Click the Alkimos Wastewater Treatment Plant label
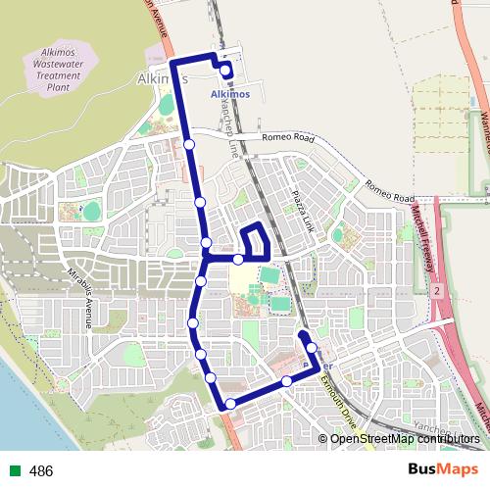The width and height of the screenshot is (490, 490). coord(68,67)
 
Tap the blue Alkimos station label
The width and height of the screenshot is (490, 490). coord(230,94)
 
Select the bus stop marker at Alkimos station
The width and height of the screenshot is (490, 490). coord(226,72)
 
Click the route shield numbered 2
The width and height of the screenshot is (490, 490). coord(435,292)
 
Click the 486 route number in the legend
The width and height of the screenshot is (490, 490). coord(41,471)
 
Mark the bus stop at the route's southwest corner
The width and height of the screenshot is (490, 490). coord(230,404)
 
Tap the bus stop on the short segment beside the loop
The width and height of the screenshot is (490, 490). coord(238,259)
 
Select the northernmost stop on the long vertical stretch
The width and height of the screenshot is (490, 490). coord(189,145)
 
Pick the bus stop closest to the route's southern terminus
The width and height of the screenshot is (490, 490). coord(312,348)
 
